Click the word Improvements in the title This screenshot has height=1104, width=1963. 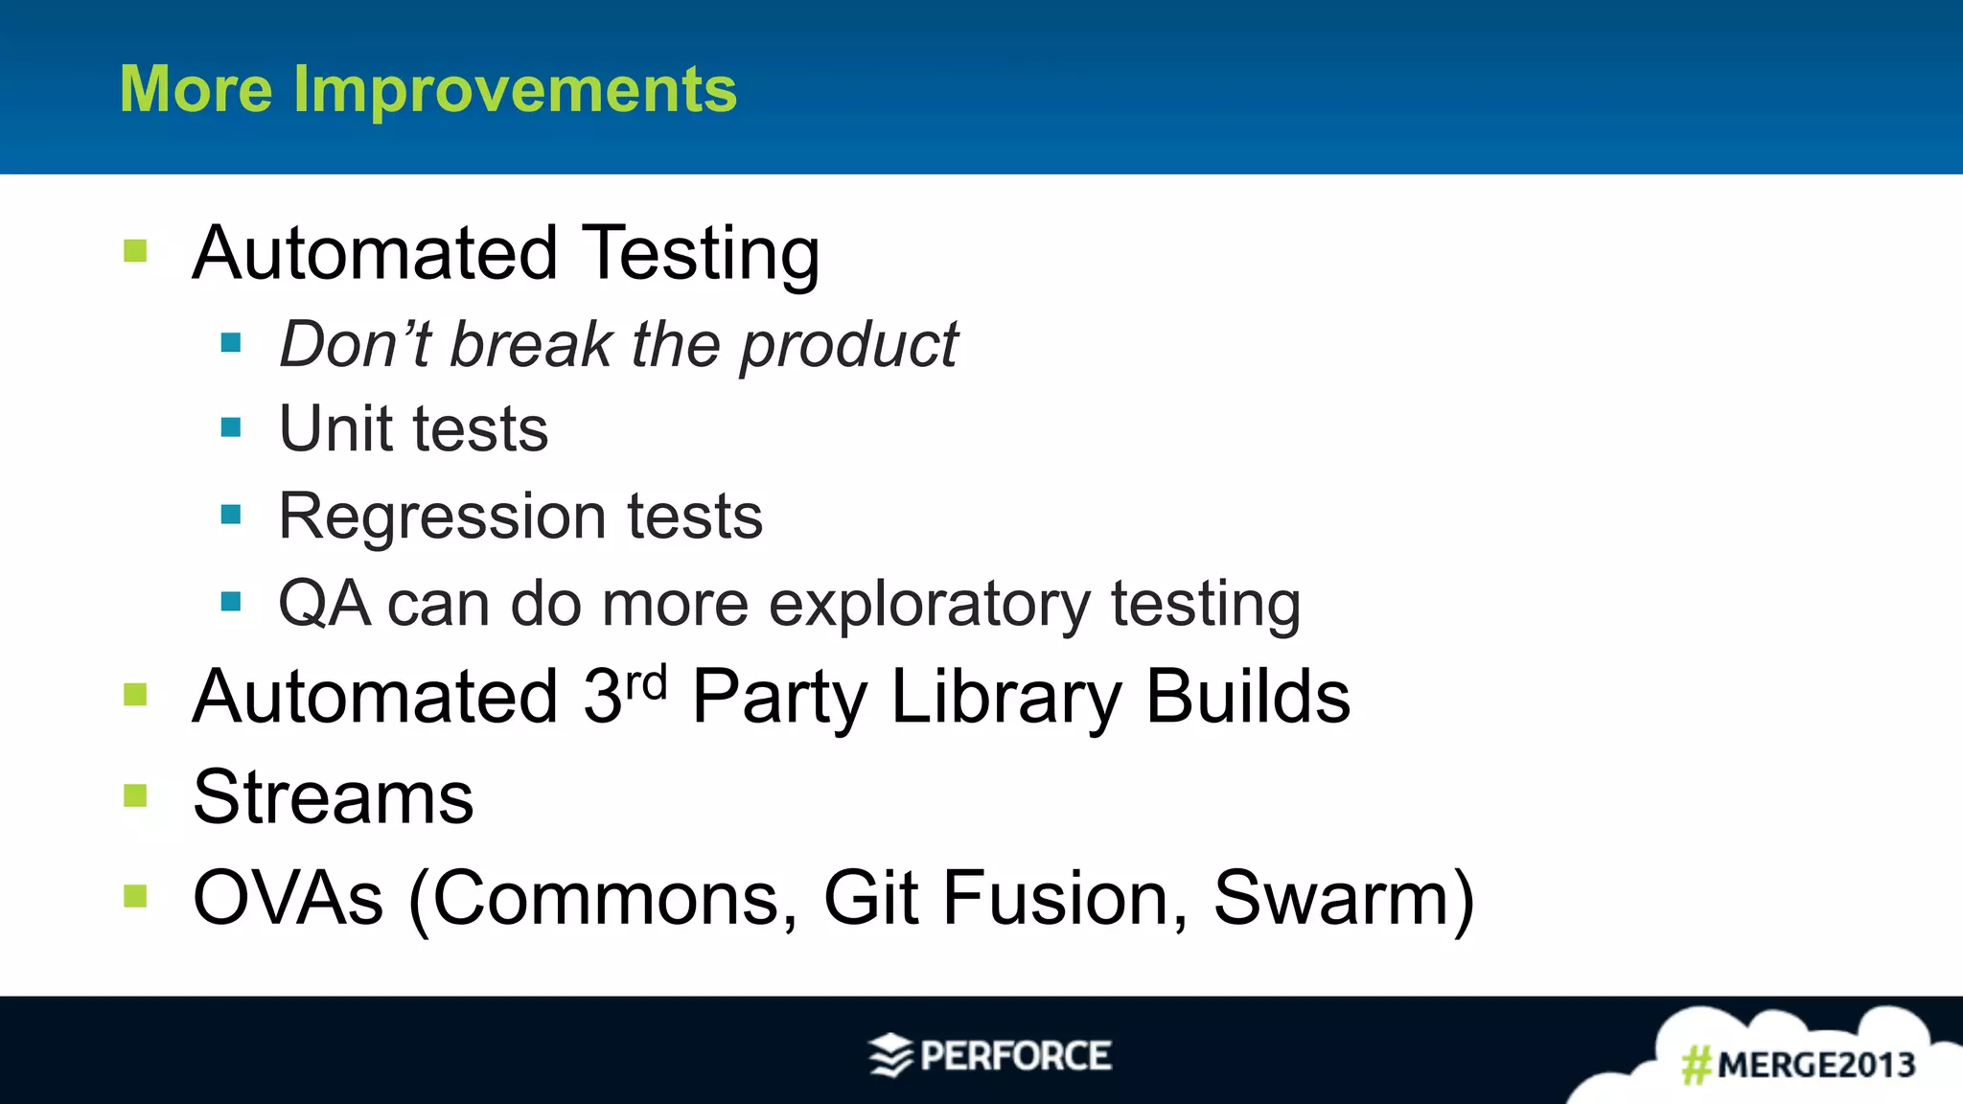(x=515, y=90)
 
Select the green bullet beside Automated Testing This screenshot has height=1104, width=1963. (x=135, y=251)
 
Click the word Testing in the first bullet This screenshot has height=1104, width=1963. (x=701, y=253)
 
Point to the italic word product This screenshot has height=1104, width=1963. (x=849, y=345)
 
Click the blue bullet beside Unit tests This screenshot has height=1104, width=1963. (x=231, y=427)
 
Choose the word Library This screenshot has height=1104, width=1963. (x=1005, y=698)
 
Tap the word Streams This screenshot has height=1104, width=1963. (x=333, y=797)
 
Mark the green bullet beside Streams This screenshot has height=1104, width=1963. (x=135, y=795)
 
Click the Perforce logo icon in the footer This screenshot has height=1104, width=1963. (x=890, y=1055)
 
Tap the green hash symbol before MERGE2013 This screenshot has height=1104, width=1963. (x=1697, y=1065)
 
